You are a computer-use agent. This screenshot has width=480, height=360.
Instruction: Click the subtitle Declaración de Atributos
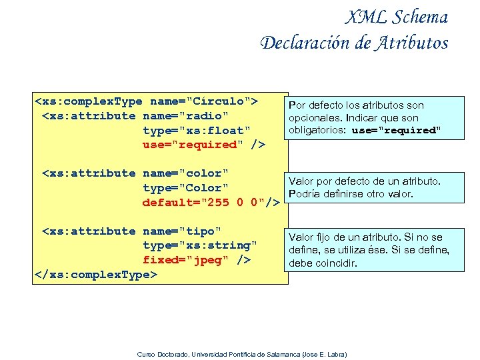[x=354, y=43]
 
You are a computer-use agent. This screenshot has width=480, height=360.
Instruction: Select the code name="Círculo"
[x=200, y=101]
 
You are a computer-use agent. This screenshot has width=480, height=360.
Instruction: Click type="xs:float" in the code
[x=197, y=130]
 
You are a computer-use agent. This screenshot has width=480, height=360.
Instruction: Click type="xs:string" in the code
[x=200, y=246]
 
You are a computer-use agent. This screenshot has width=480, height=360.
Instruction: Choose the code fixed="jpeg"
[x=189, y=260]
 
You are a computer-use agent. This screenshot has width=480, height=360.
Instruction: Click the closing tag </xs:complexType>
[x=95, y=275]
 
